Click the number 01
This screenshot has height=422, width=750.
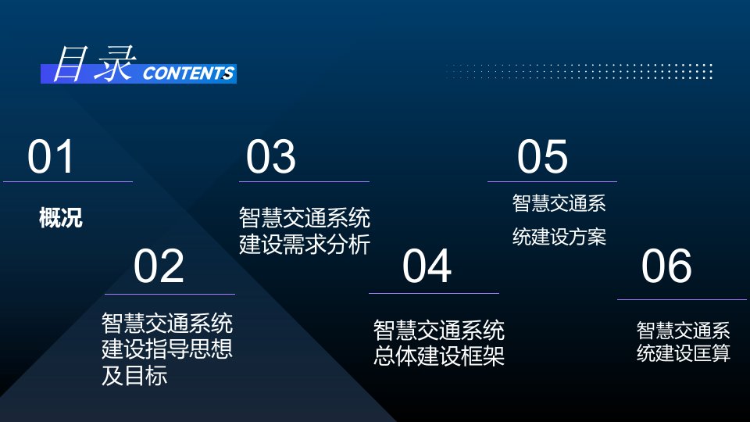(50, 156)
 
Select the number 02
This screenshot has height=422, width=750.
(159, 266)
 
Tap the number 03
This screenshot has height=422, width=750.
(271, 156)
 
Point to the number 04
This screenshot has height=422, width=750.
(427, 266)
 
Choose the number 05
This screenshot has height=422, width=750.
(542, 156)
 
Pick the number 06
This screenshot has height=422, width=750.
(666, 266)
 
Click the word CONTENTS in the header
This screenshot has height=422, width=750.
(188, 73)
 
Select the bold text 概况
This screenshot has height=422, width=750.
(61, 218)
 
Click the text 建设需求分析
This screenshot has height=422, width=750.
(305, 245)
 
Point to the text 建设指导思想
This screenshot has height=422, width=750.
(167, 349)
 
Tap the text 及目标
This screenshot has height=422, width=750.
(134, 376)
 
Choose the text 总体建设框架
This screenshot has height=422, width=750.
(439, 356)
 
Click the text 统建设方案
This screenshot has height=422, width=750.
(559, 237)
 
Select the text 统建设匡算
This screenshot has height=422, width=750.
(684, 353)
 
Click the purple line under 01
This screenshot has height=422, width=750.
(68, 182)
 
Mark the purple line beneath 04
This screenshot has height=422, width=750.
(434, 293)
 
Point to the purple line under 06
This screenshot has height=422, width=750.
(682, 299)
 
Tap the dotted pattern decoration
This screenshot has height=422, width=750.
(579, 71)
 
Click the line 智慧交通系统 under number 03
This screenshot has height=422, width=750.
(305, 218)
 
